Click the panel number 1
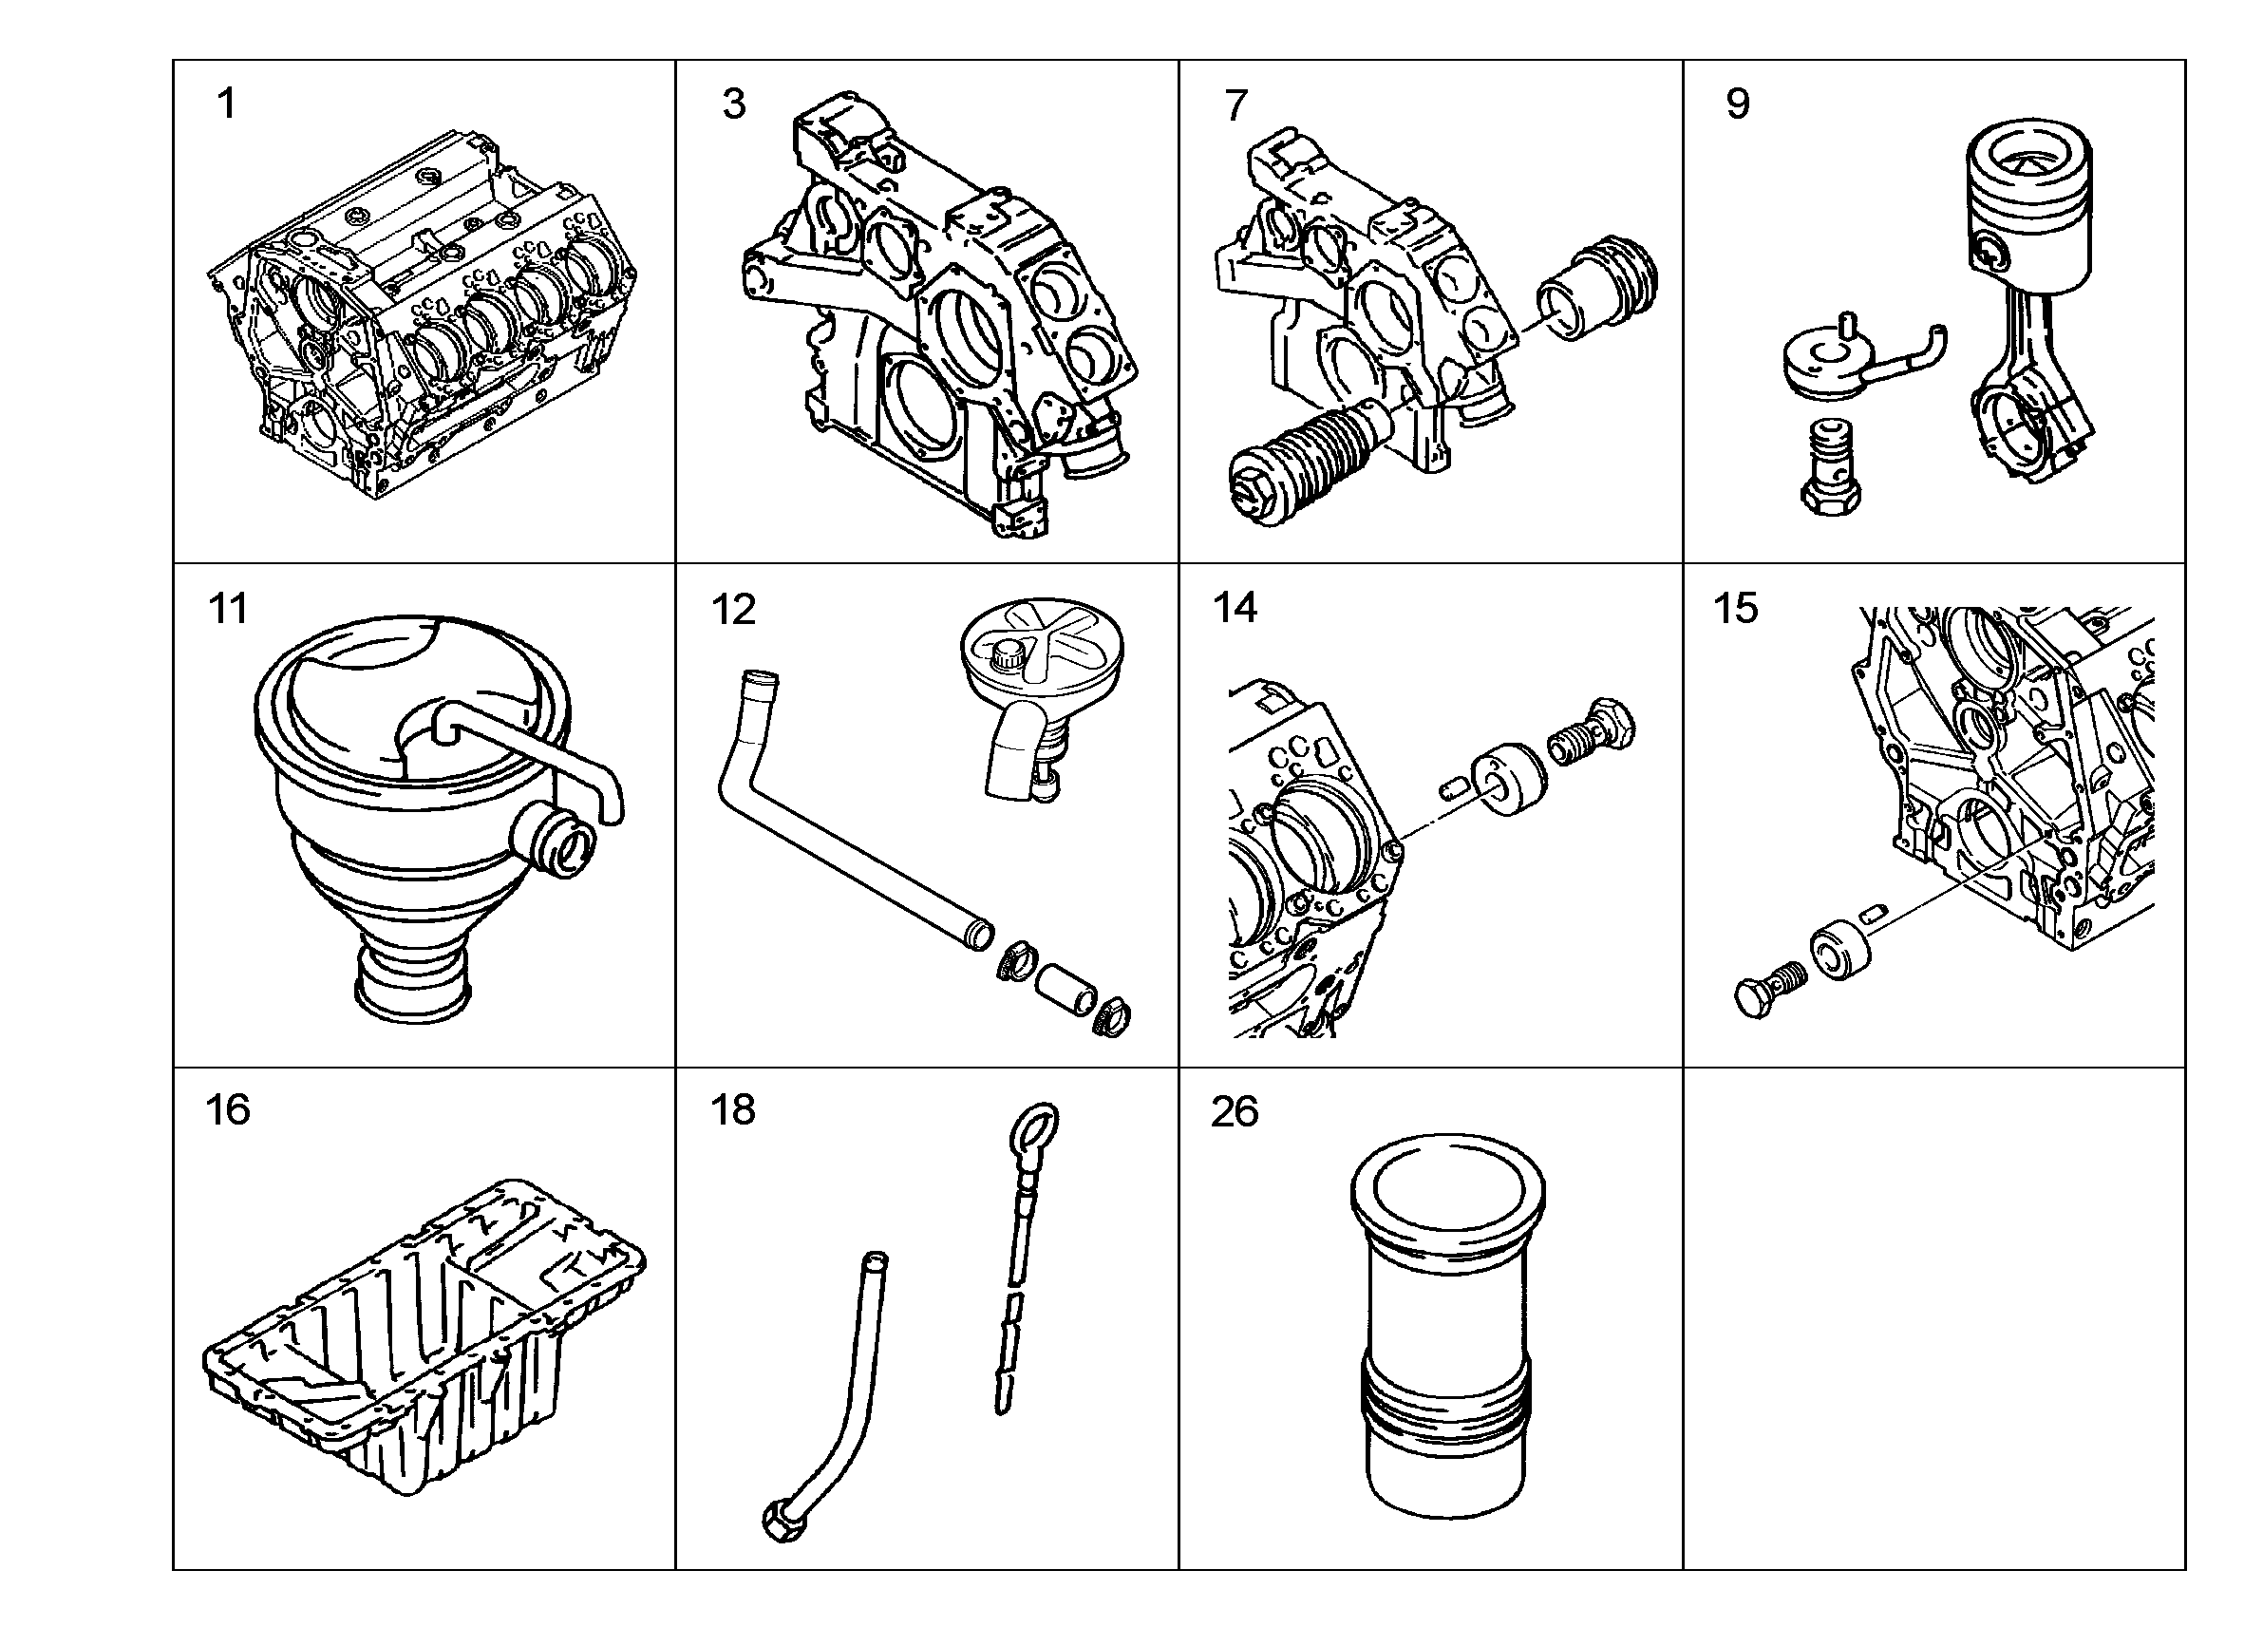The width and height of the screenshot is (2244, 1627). click(227, 104)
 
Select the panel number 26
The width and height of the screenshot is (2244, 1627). click(1235, 1111)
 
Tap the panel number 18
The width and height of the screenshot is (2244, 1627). click(733, 1109)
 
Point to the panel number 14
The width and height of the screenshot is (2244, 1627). click(1235, 608)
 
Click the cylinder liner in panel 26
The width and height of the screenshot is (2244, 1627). click(1446, 1327)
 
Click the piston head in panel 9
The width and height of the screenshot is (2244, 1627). click(2028, 213)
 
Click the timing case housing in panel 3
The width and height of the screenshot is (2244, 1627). click(940, 316)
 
